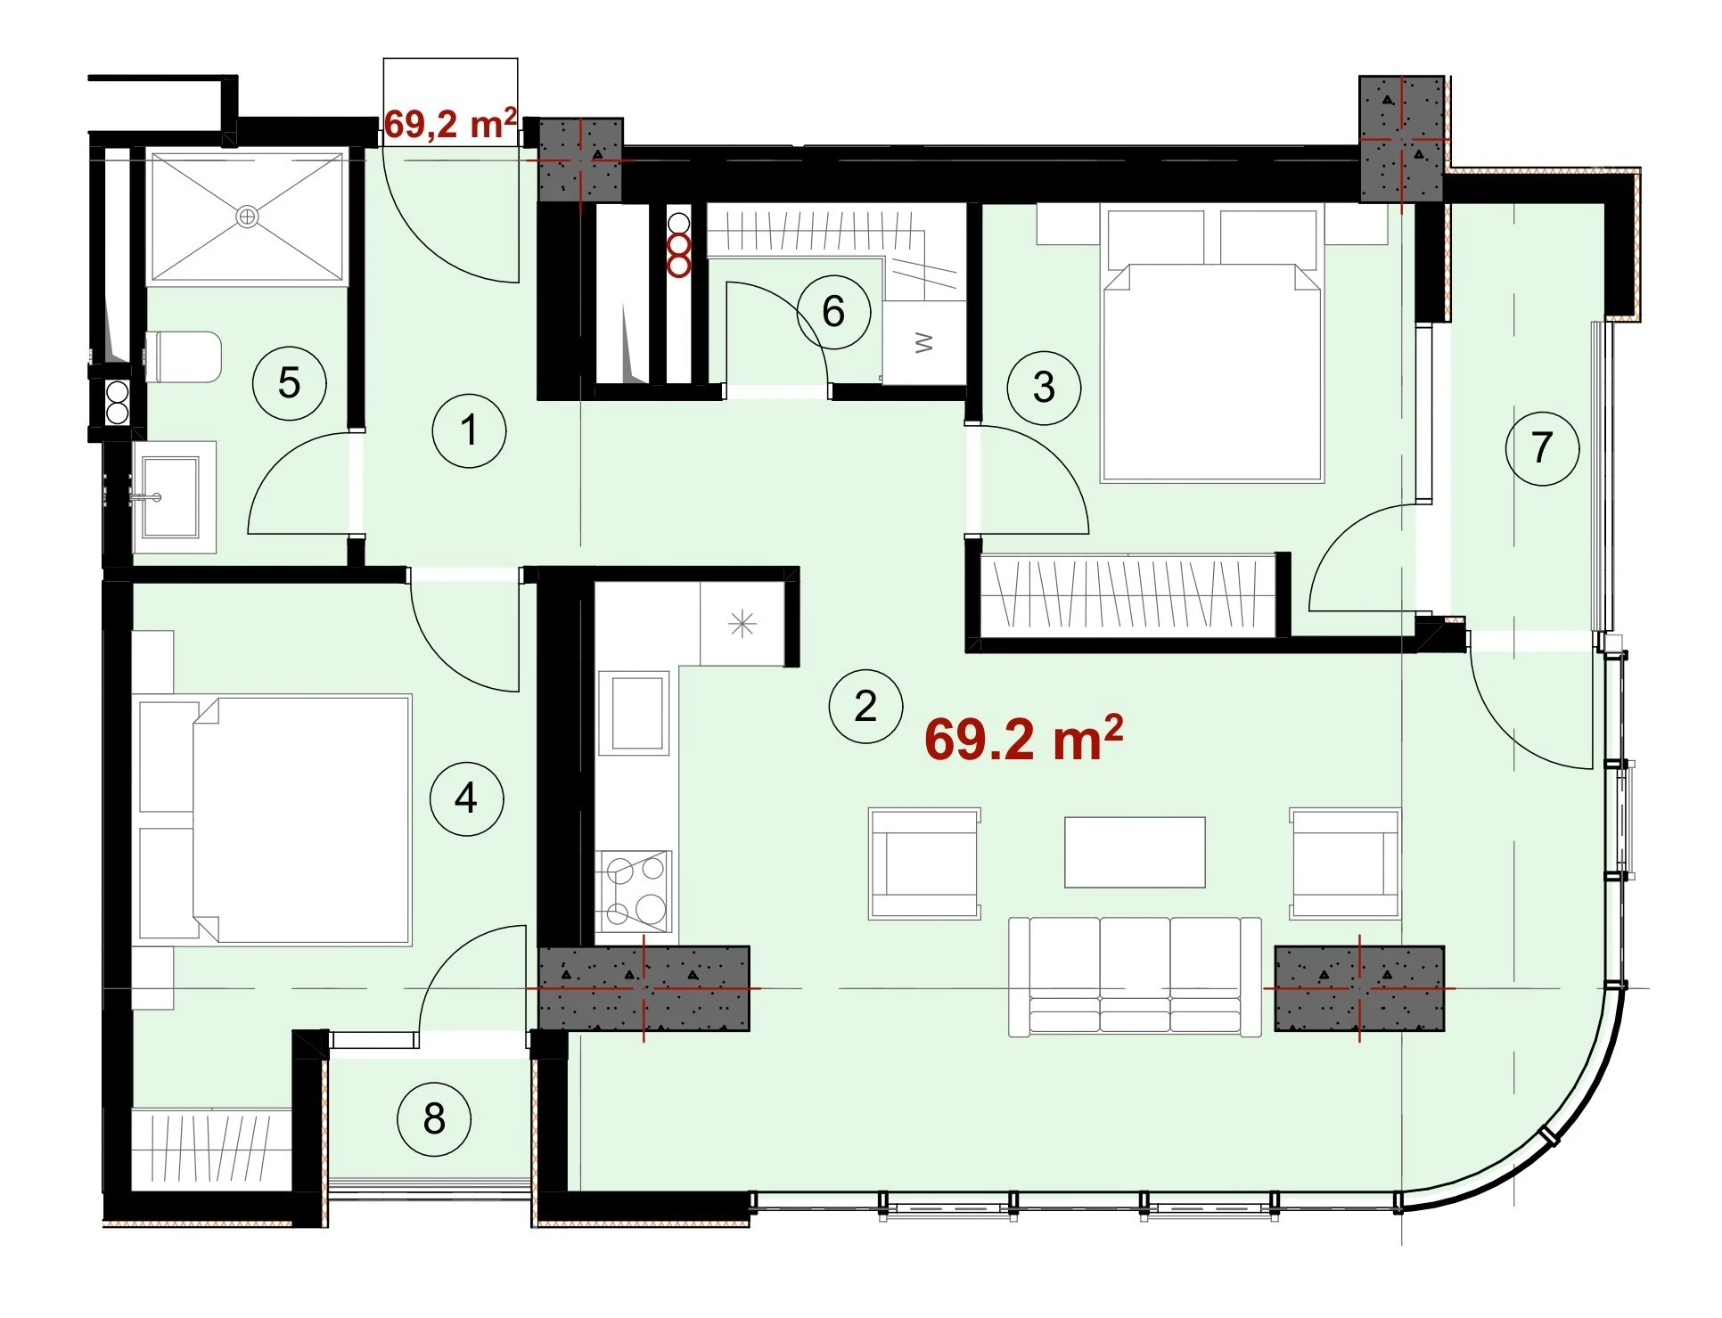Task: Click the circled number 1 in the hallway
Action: point(470,431)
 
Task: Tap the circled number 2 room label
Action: point(865,707)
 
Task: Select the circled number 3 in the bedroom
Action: point(1044,388)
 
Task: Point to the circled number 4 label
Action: point(466,798)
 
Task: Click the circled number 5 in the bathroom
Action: point(290,383)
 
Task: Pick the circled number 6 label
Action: point(833,312)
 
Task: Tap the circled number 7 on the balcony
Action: point(1542,448)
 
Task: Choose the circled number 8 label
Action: point(434,1119)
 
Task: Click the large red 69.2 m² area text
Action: point(1023,739)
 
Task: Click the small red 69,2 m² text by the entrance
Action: point(451,123)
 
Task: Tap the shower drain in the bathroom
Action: point(247,216)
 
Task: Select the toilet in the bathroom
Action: point(183,356)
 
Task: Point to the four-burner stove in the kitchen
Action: point(635,890)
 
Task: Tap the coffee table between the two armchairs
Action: point(1135,852)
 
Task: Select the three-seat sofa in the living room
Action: point(1135,976)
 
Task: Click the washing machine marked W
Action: point(923,342)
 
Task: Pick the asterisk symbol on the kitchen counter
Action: point(742,624)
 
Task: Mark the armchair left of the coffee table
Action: point(925,864)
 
